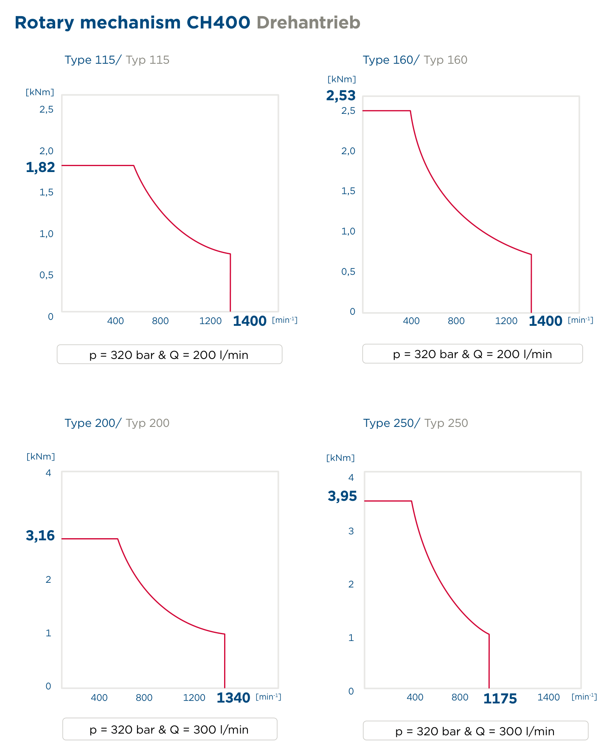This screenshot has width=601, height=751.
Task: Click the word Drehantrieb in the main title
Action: click(308, 23)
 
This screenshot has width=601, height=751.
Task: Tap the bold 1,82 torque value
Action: click(40, 167)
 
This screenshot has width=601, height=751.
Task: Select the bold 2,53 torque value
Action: click(341, 96)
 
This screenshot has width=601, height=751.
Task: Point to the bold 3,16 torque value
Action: click(40, 536)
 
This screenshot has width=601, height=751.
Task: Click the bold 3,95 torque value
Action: click(343, 496)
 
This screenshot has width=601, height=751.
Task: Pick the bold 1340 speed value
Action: click(233, 698)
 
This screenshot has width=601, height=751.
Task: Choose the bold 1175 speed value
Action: click(500, 699)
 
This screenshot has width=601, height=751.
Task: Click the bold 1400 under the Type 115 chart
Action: click(250, 321)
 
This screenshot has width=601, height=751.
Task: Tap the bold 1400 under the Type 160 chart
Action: click(545, 321)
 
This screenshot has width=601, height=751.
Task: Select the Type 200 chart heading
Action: click(117, 423)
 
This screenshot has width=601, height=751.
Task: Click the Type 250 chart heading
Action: click(416, 423)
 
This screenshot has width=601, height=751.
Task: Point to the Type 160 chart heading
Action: click(415, 60)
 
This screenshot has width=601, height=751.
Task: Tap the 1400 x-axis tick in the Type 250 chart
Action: click(549, 697)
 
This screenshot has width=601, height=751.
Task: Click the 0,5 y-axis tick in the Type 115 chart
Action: click(47, 275)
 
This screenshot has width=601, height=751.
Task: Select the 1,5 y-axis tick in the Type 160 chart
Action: click(348, 191)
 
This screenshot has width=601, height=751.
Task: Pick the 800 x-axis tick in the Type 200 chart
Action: click(144, 697)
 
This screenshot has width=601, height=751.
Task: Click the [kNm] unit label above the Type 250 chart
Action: click(340, 458)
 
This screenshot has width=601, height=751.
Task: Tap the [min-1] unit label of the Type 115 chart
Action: click(285, 320)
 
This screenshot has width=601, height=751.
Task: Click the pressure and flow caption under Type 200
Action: click(169, 730)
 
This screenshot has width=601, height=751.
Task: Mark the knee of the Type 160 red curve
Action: click(410, 111)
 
